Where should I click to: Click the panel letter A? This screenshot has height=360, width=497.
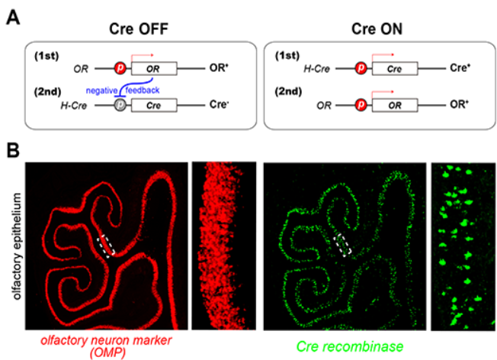[x=13, y=18]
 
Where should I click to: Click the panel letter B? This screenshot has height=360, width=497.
[x=13, y=150]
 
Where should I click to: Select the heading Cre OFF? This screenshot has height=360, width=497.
[x=139, y=29]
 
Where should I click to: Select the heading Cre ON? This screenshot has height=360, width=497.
[x=377, y=29]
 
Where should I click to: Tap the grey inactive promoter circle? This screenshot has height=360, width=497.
[x=120, y=105]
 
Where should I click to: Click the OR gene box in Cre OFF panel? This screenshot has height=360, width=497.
[x=154, y=69]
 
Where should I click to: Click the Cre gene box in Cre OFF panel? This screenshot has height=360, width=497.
[x=154, y=105]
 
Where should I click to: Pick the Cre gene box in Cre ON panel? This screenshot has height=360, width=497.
[x=395, y=69]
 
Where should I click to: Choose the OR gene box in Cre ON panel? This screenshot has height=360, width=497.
[x=395, y=105]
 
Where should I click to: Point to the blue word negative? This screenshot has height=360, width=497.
[x=101, y=91]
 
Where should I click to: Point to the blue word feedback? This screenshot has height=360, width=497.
[x=143, y=91]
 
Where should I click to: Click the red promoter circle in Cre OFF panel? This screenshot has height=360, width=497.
[x=120, y=68]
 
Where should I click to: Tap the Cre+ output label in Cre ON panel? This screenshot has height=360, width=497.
[x=460, y=68]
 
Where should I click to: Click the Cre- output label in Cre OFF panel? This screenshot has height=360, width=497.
[x=219, y=104]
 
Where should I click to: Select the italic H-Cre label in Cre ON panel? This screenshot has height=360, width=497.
[x=316, y=69]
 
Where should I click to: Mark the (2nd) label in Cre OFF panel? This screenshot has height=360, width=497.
[x=47, y=92]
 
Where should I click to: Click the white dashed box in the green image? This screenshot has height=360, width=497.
[x=342, y=245]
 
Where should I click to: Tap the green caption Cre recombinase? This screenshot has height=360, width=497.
[x=350, y=346]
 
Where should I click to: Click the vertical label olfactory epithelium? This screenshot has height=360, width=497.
[x=17, y=246]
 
